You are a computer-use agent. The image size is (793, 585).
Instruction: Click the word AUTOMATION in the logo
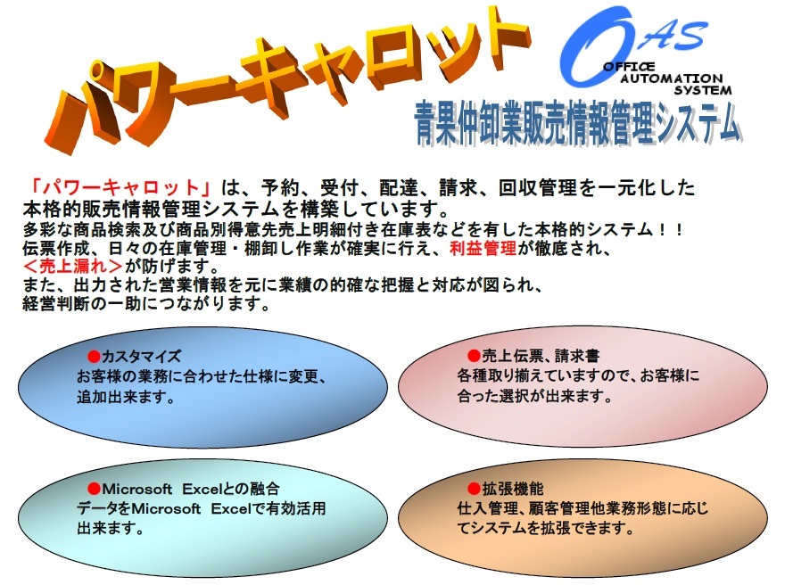[671, 78]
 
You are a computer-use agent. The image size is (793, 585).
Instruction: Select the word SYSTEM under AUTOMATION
[703, 90]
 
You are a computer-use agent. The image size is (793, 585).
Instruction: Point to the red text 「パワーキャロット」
[121, 187]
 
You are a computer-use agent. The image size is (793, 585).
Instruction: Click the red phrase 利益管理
[483, 248]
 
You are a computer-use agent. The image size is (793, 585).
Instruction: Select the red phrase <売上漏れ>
[73, 266]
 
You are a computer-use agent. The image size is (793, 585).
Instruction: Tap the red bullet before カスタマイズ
[94, 357]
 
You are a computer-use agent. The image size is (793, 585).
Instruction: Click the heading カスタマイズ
[141, 357]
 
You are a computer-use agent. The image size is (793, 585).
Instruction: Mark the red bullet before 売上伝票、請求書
[474, 356]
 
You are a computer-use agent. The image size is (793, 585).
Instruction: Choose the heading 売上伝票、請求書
[541, 356]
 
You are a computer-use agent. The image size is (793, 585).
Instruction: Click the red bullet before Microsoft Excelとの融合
[94, 489]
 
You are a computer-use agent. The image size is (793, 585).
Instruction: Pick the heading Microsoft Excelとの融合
[191, 489]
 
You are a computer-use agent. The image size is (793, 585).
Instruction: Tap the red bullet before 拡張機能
[474, 489]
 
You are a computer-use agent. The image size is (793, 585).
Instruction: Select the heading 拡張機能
[513, 489]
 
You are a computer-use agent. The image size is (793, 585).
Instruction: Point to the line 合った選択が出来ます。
[534, 396]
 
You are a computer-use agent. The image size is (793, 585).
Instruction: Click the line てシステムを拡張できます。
[546, 528]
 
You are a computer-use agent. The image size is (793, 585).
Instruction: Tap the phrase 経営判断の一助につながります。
[146, 303]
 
